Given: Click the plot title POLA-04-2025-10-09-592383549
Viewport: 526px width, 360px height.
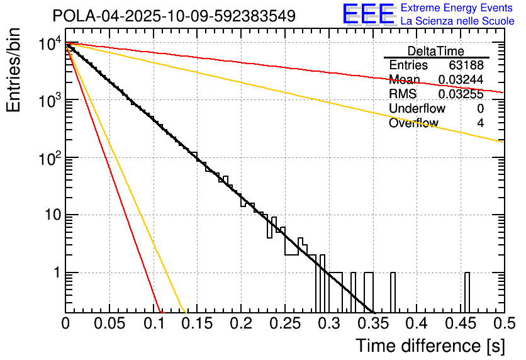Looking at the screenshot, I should [174, 16].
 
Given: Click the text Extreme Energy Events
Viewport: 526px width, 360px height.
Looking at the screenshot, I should [457, 8].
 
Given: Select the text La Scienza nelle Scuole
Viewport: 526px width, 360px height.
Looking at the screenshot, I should [457, 21].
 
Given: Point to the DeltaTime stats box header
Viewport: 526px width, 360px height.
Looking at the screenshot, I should [436, 51].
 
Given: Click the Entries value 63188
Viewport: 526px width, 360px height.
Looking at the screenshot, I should [466, 65].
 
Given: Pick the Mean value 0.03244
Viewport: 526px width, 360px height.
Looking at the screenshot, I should [461, 80].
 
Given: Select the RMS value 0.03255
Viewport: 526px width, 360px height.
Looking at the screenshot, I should [461, 94].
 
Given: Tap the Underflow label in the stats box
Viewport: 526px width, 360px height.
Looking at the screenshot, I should [417, 109].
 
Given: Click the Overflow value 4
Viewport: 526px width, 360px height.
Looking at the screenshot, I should [480, 123].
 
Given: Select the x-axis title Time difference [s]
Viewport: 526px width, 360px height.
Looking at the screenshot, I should [429, 346].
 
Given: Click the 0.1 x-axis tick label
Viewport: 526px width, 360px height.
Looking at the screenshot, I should [153, 325].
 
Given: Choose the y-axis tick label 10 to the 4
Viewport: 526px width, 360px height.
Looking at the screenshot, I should [50, 45].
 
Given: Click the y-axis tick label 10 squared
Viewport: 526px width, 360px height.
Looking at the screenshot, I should [50, 159].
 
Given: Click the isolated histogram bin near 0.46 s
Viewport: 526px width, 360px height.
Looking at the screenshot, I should [467, 291].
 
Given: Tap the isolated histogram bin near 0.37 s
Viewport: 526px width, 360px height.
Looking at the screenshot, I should [393, 291].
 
